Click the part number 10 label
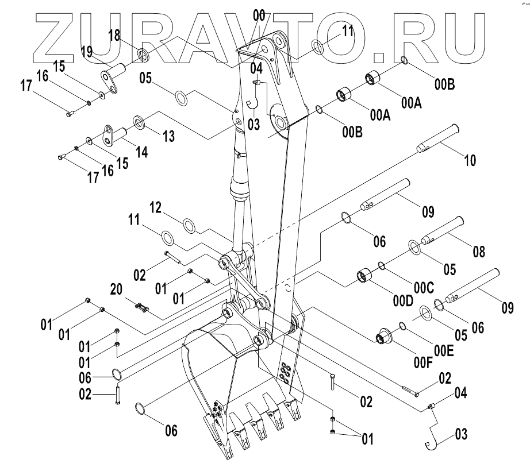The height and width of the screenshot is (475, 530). [470, 160]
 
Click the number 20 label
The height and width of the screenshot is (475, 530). [117, 292]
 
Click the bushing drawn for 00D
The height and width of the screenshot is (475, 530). [364, 277]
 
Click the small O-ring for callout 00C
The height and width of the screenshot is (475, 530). [381, 265]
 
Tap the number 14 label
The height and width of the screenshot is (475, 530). [141, 152]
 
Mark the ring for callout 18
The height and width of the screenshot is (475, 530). [143, 56]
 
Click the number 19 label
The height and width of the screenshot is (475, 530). [87, 52]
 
